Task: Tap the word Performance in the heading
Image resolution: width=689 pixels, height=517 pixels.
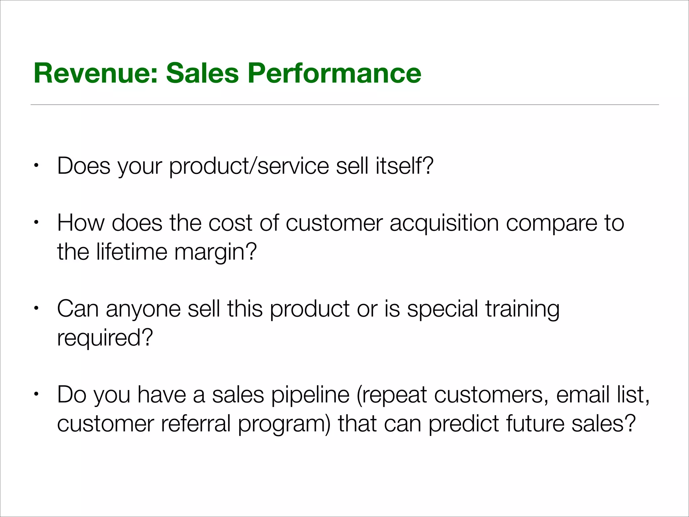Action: pyautogui.click(x=334, y=73)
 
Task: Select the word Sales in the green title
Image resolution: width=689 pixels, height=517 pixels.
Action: pyautogui.click(x=202, y=73)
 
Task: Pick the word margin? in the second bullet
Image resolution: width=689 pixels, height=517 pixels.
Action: pyautogui.click(x=216, y=252)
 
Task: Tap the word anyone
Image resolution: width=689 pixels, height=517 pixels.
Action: pyautogui.click(x=143, y=310)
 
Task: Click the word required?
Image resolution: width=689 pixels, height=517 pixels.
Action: pyautogui.click(x=105, y=338)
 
